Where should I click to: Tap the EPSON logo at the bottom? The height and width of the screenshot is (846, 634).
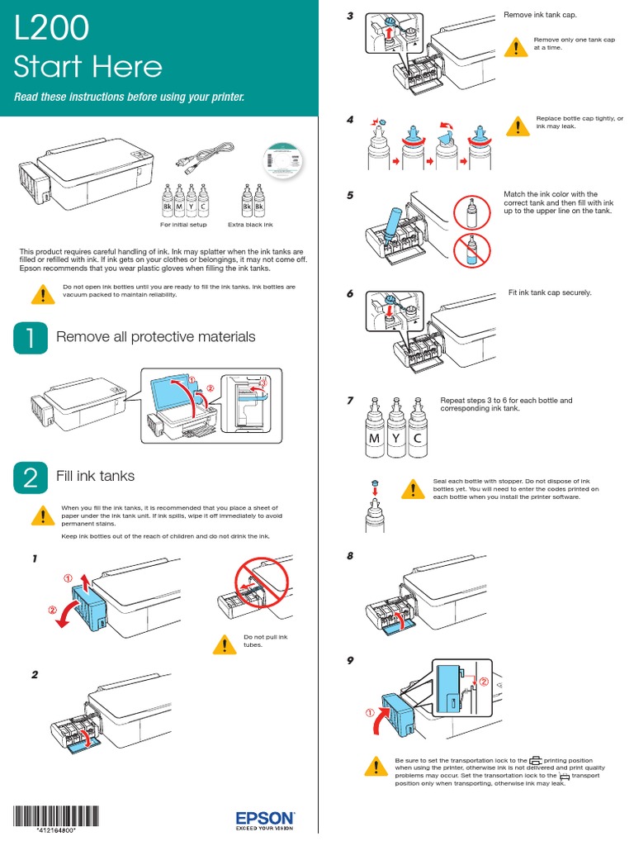[265, 818]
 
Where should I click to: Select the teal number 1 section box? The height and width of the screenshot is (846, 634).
[31, 337]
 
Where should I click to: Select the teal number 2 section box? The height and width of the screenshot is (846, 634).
[31, 478]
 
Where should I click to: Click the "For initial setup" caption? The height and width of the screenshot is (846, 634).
[183, 225]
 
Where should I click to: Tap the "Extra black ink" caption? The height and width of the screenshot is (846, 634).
[250, 225]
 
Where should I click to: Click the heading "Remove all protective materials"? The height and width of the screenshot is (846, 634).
[155, 336]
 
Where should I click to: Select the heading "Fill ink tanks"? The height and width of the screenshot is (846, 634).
[95, 476]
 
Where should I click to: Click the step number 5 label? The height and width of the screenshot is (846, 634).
[351, 195]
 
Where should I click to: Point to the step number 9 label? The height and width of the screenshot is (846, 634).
[351, 661]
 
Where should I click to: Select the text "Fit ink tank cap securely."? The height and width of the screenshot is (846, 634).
[550, 292]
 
